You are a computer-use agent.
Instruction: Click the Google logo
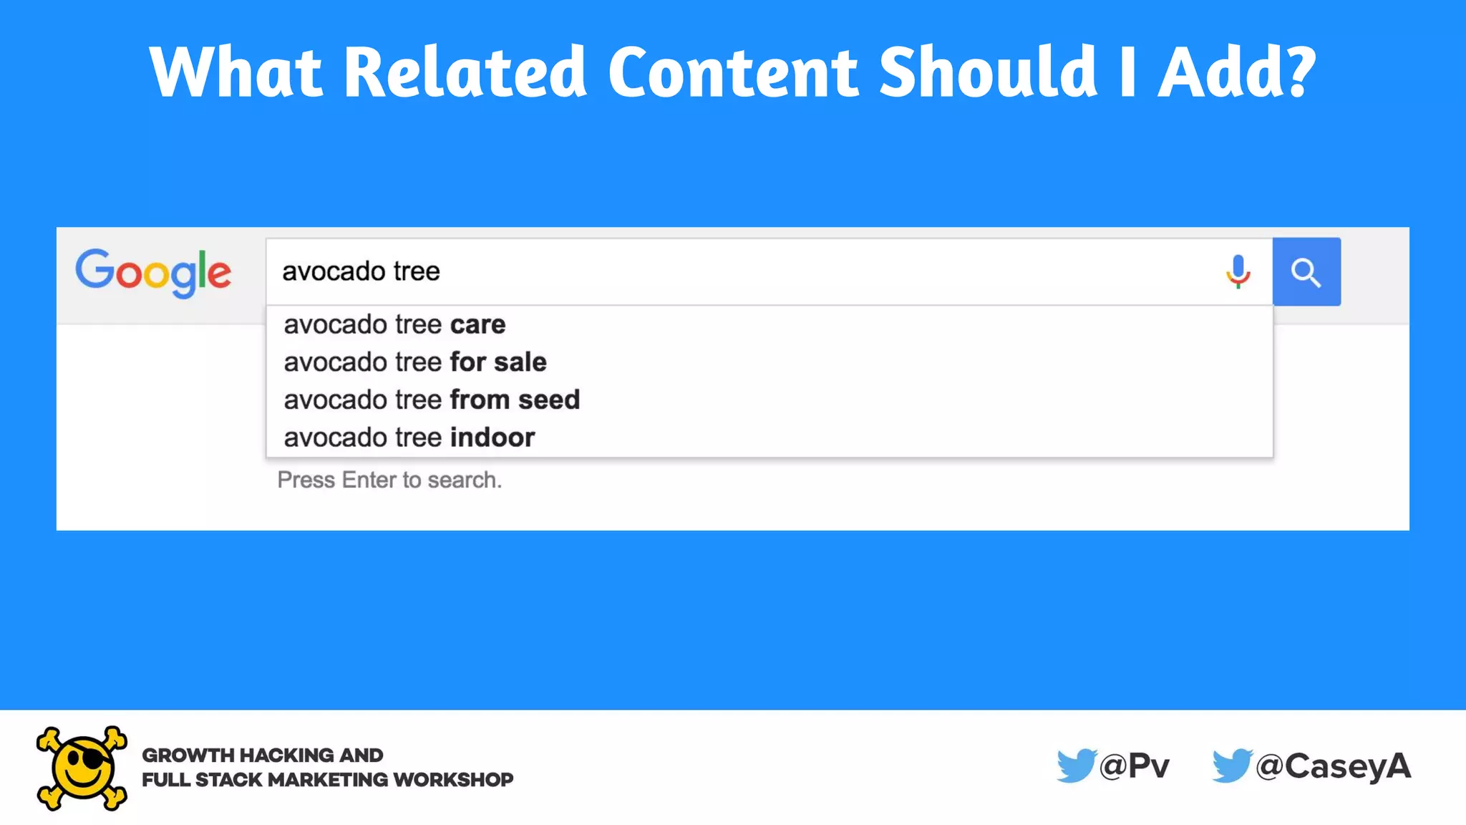tap(153, 272)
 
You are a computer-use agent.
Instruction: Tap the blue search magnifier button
tap(1306, 272)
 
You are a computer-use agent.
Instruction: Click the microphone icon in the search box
tap(1238, 271)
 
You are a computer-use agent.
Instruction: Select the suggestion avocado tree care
tap(394, 324)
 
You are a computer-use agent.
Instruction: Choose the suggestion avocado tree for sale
tap(414, 362)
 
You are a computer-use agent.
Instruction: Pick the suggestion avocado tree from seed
tap(431, 400)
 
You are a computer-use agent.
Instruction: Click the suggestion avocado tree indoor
tap(409, 438)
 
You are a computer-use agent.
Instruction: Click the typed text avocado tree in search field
tap(361, 271)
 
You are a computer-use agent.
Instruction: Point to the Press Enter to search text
tap(389, 480)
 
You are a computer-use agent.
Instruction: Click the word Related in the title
tap(465, 72)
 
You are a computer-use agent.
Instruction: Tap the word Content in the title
tap(733, 72)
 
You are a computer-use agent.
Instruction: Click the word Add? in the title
tap(1237, 72)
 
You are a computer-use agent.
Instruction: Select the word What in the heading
tap(236, 72)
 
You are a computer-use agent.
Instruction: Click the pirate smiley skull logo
tap(82, 768)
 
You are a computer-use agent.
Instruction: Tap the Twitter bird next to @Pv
tap(1076, 766)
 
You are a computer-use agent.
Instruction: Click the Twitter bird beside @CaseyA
tap(1232, 766)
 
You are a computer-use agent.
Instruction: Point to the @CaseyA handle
tap(1334, 766)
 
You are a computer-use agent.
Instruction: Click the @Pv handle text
tap(1135, 766)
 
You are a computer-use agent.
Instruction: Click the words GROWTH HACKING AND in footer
tap(262, 755)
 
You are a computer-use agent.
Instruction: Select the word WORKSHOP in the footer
tap(453, 779)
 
